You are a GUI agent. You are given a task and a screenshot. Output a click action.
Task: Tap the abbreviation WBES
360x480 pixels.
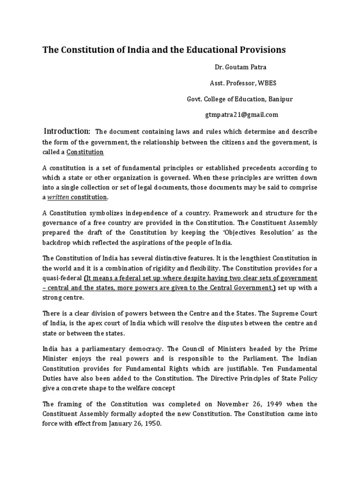[x=269, y=84]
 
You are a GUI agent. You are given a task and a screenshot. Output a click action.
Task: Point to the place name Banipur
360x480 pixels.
[x=280, y=99]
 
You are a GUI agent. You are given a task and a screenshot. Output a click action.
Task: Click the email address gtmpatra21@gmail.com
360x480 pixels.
[x=242, y=114]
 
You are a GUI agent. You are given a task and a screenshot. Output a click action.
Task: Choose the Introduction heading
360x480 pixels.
[x=67, y=131]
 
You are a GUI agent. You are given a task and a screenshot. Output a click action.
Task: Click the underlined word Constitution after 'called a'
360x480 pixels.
[x=85, y=152]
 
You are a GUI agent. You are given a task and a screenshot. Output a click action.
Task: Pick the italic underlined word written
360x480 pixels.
[x=58, y=197]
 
